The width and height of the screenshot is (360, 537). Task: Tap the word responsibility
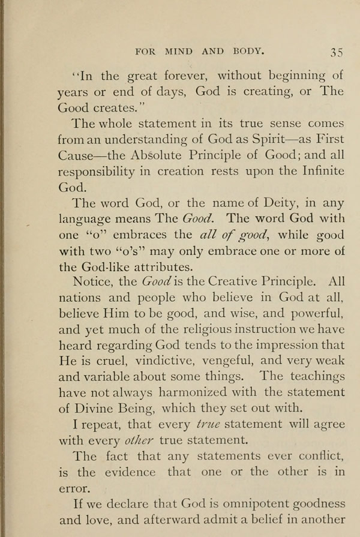coord(103,172)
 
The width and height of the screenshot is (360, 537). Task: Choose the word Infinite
coord(316,170)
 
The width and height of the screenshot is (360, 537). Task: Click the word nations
coord(79,298)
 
